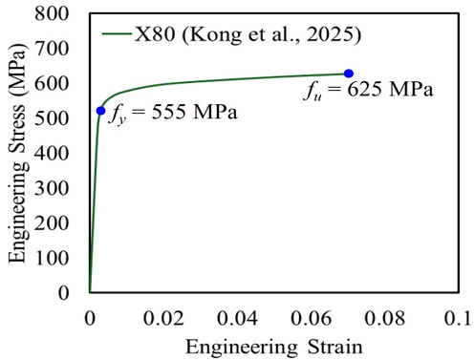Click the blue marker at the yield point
100,111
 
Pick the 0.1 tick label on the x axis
456,316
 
